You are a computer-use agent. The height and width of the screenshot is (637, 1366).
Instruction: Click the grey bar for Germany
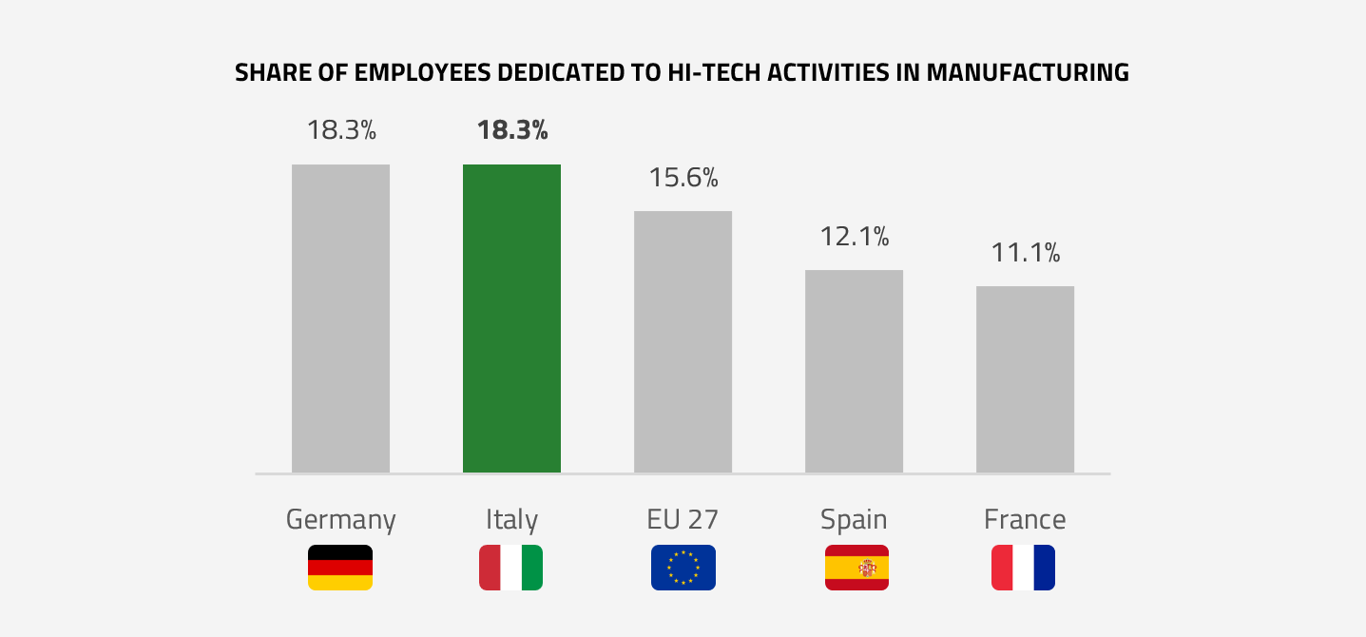[340, 318]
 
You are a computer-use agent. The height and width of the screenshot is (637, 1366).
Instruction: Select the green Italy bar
[511, 318]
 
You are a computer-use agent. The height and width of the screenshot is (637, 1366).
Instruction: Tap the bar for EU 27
[683, 341]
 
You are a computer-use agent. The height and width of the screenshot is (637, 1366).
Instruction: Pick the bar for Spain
[854, 371]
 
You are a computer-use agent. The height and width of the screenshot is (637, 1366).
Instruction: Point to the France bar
[1025, 379]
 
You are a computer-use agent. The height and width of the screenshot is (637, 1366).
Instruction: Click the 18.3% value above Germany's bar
[341, 130]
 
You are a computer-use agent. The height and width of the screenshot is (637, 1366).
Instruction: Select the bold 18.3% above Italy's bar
[512, 130]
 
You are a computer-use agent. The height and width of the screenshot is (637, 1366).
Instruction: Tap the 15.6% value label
[683, 177]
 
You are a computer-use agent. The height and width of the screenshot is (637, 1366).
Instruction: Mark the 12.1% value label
[855, 236]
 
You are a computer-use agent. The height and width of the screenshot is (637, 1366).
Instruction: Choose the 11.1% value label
[1026, 253]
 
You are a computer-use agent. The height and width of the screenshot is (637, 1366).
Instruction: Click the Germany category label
[340, 520]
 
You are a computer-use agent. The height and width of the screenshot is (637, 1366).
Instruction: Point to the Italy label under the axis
[511, 520]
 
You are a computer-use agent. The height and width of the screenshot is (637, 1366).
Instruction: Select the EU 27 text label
[683, 520]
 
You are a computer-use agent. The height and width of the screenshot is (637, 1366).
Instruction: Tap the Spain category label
[854, 520]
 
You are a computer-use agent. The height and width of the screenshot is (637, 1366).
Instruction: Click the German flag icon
[340, 568]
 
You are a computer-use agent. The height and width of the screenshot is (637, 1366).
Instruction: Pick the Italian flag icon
[511, 568]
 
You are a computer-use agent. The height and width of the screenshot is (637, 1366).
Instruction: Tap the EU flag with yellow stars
[683, 568]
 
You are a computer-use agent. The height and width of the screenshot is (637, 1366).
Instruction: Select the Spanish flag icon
[856, 568]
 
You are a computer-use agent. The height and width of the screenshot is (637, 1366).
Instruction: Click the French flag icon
[1023, 568]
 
